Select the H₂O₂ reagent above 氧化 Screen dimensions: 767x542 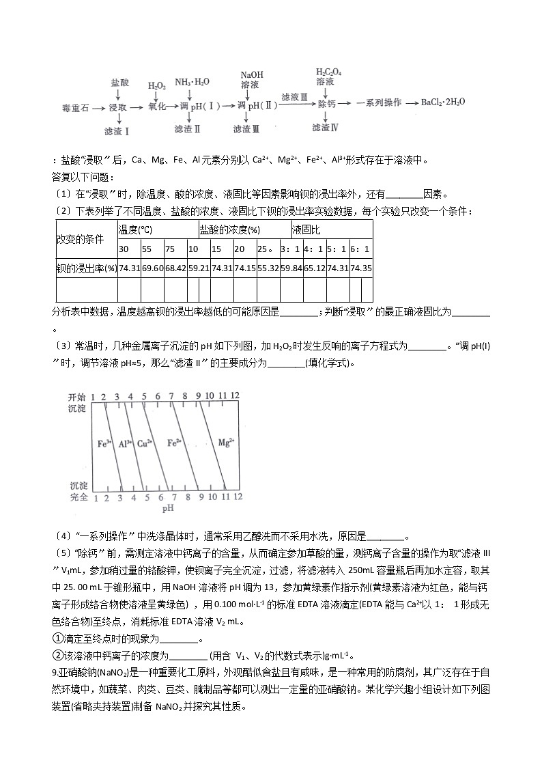pos(156,86)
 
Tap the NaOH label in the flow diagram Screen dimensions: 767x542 pos(252,74)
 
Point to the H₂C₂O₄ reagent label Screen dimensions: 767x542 pos(328,71)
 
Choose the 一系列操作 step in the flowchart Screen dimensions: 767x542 pos(378,102)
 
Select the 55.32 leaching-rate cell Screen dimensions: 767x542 pos(268,268)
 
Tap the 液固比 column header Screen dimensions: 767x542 pos(306,229)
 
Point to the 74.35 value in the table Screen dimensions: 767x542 pos(361,268)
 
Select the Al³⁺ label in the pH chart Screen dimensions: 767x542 pos(124,443)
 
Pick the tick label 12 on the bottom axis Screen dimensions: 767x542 pos(237,497)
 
